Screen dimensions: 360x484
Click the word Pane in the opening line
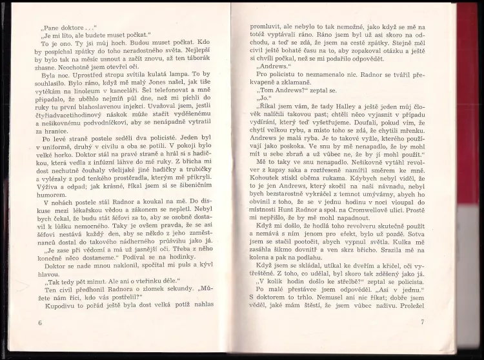pos(54,28)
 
